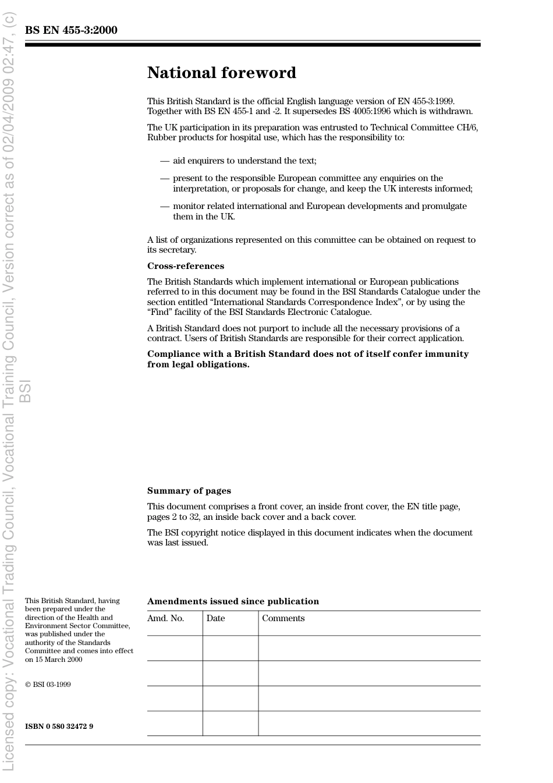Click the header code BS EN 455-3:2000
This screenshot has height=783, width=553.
coord(71,30)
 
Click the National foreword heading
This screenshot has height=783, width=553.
coord(221,73)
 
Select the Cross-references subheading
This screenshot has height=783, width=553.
coord(185,266)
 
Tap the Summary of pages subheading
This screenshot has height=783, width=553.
coord(189,491)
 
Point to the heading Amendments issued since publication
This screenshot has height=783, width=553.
coord(233,601)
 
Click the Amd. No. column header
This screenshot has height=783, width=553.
coord(165,618)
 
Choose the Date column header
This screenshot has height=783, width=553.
coord(215,618)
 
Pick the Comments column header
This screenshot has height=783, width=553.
coord(283,618)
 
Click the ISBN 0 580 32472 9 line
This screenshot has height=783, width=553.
coord(59,726)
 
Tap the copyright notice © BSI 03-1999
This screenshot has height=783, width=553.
coord(48,685)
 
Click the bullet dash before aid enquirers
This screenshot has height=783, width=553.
coord(164,161)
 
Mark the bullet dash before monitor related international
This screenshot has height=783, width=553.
coord(164,206)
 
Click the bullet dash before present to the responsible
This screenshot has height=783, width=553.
coord(164,178)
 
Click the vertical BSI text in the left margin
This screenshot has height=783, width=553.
coord(24,391)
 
